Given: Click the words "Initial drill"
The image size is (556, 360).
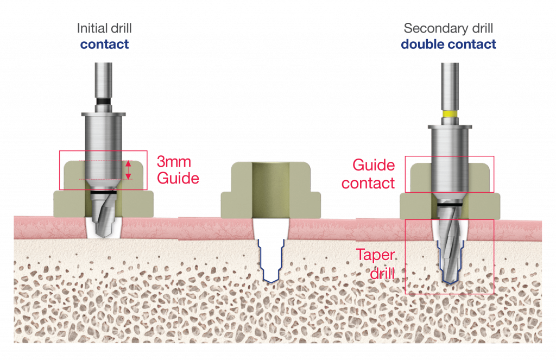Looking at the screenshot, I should click(x=104, y=28).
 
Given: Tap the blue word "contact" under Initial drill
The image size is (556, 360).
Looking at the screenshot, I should click(x=104, y=44).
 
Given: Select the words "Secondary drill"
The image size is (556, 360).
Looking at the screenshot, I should click(x=448, y=28).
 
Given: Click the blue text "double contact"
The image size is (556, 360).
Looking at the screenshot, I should click(x=448, y=44).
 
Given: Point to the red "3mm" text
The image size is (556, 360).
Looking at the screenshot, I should click(x=174, y=162).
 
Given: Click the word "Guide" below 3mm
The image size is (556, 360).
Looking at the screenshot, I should click(x=178, y=178).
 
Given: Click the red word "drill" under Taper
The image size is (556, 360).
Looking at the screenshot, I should click(x=382, y=273).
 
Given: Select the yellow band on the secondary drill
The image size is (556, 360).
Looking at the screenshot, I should click(x=449, y=114).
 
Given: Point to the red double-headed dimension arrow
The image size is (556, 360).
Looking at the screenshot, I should click(x=129, y=169).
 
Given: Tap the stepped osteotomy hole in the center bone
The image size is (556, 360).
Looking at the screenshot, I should click(x=270, y=261).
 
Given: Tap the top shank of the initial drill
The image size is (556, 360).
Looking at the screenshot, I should click(x=104, y=79).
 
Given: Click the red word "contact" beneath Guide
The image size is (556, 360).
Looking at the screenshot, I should click(x=369, y=183).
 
